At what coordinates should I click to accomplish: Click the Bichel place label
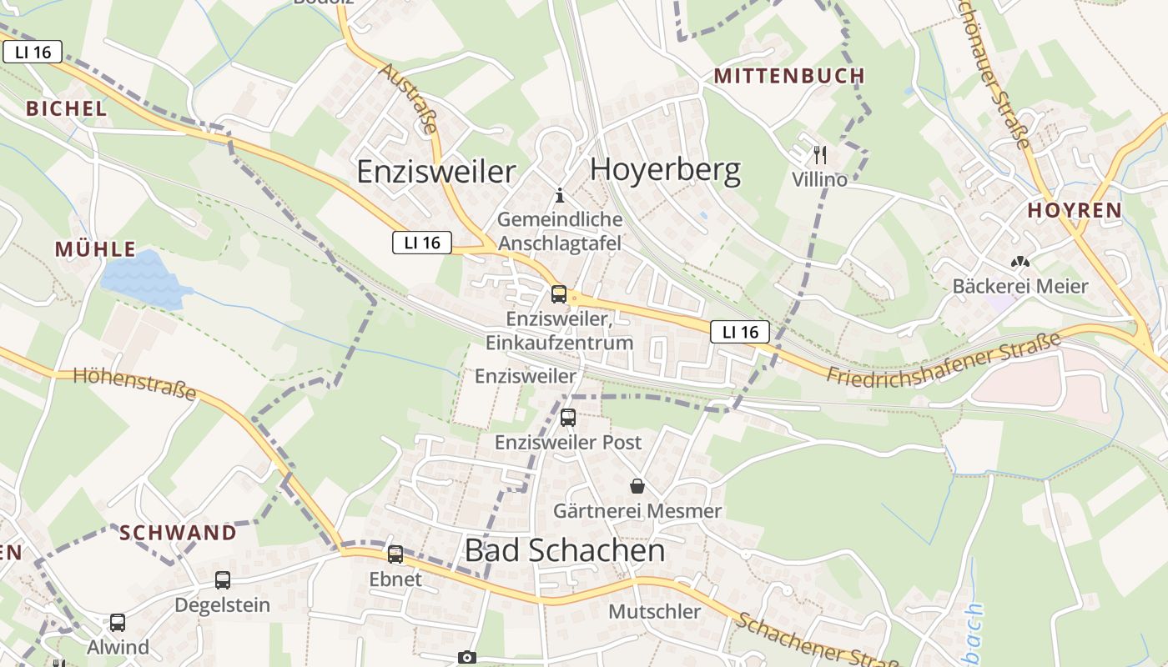(67, 108)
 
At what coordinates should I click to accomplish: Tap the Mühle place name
(96, 248)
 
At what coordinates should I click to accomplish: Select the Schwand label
(178, 532)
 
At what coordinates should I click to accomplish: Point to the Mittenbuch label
(789, 76)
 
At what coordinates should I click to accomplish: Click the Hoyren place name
(1075, 210)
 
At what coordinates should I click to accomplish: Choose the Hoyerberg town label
(665, 170)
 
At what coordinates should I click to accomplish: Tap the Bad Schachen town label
(564, 550)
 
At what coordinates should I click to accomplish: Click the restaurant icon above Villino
(819, 155)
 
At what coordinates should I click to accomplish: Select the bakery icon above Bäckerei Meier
(1019, 262)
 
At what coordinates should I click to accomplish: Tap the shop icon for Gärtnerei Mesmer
(637, 486)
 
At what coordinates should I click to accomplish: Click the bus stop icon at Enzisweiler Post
(568, 417)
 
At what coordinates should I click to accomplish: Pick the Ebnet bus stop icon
(395, 554)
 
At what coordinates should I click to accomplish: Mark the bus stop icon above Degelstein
(223, 580)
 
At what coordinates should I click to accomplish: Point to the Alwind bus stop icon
(118, 622)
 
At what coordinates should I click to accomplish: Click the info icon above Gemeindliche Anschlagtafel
(560, 196)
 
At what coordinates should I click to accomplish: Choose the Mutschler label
(655, 611)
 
